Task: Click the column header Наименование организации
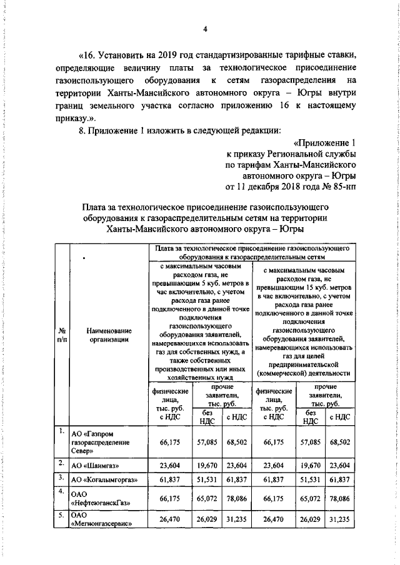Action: (109, 335)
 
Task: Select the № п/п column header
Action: (62, 335)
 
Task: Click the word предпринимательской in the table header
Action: (303, 364)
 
